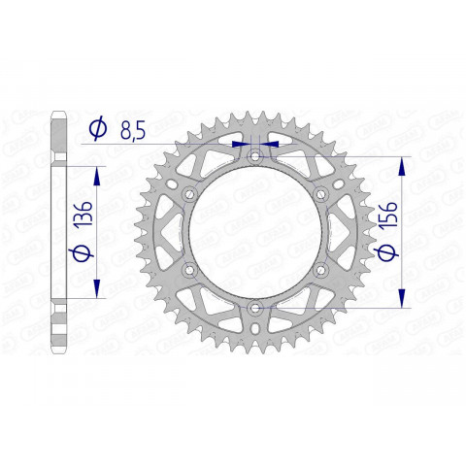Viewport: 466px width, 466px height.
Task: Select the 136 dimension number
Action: pos(83,216)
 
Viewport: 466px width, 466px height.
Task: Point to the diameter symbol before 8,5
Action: pos(97,128)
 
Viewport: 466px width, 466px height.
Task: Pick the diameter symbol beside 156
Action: pos(386,253)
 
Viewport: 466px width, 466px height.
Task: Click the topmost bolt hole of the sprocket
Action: pos(254,156)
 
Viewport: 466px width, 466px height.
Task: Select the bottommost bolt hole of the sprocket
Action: pos(254,308)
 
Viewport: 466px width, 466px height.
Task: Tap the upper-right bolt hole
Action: pos(319,194)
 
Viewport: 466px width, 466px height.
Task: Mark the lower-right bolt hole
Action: pos(319,270)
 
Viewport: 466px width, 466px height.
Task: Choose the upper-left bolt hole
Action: pos(189,194)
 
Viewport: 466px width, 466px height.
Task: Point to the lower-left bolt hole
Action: pos(189,270)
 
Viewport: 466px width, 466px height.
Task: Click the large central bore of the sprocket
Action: pos(254,232)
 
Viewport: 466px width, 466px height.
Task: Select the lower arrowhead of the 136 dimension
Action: pos(97,292)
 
